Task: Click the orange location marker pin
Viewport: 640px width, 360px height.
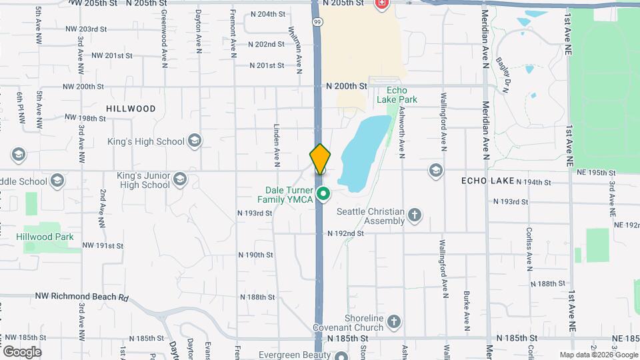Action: [x=320, y=159]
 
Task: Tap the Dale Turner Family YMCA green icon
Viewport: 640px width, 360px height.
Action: [x=323, y=195]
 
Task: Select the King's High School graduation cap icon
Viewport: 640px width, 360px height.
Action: [x=194, y=141]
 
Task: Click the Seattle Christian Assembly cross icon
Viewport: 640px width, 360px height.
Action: [x=415, y=215]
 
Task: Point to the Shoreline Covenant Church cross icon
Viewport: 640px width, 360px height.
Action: [x=393, y=322]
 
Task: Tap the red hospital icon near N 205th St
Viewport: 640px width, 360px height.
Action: [x=381, y=4]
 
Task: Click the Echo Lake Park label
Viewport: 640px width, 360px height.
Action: [x=397, y=95]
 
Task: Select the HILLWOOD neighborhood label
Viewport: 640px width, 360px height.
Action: [x=131, y=109]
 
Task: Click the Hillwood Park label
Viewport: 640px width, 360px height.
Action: [x=45, y=237]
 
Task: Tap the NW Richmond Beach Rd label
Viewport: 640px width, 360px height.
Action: [x=81, y=297]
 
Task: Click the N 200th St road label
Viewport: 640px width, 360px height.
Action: [x=347, y=86]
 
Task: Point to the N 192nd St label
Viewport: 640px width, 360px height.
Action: [x=345, y=234]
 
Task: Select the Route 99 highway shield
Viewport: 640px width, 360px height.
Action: [x=319, y=22]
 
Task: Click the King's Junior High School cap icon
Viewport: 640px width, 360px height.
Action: [x=179, y=179]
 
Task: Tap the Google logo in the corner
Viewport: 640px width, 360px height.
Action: [x=22, y=351]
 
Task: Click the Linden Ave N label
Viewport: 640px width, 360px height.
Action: [x=275, y=144]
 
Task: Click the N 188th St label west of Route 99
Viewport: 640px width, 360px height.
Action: [x=257, y=297]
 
